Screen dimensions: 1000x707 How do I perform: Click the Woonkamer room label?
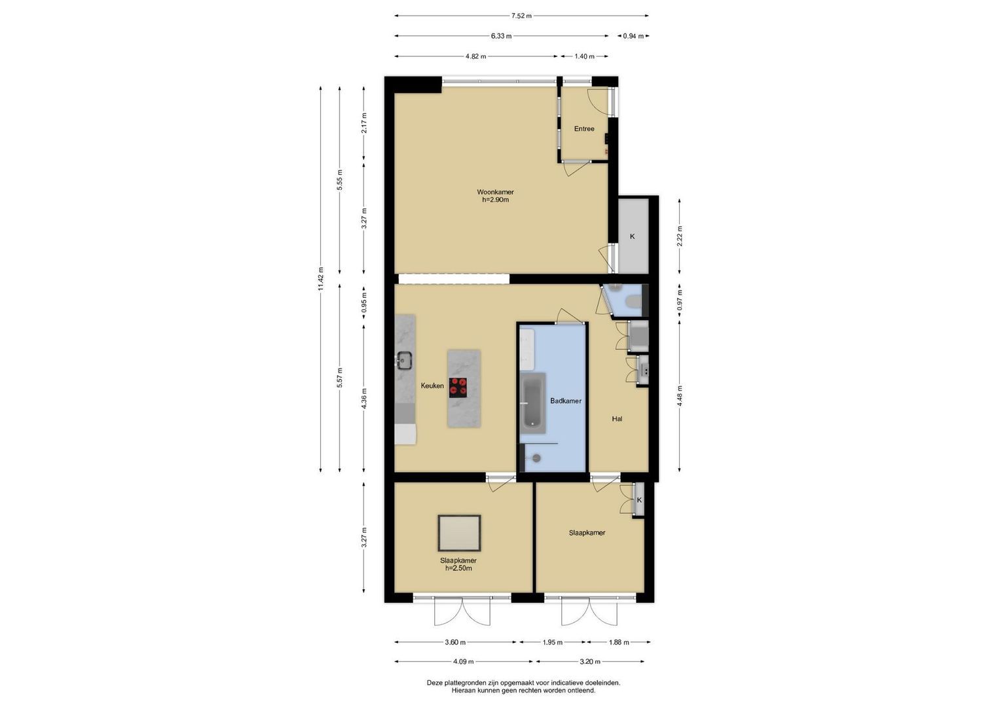click(x=495, y=192)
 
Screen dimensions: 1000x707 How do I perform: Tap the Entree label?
click(x=584, y=129)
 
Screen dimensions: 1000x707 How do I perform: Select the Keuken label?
click(x=432, y=386)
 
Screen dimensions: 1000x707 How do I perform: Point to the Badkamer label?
click(x=566, y=401)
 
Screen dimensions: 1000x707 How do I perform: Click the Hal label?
click(x=617, y=419)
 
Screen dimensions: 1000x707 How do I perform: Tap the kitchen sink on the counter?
click(x=92, y=360)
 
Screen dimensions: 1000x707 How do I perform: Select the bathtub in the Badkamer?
click(x=533, y=403)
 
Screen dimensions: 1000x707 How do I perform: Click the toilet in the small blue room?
click(x=634, y=302)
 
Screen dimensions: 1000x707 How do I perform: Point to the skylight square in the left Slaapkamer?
click(x=459, y=533)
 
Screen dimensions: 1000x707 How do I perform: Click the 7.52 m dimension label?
click(x=521, y=16)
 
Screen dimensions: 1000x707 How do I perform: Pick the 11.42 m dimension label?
click(x=320, y=279)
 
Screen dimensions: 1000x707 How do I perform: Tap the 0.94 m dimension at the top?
click(x=633, y=36)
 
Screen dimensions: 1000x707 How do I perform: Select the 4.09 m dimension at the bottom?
click(x=464, y=661)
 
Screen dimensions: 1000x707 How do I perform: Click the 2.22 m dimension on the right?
click(x=680, y=236)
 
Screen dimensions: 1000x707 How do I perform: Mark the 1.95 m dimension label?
click(x=552, y=642)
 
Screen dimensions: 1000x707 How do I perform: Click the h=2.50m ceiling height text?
click(x=458, y=568)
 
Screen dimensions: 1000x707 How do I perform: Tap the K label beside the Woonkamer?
click(x=632, y=236)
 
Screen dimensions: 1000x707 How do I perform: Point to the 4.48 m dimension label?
click(x=680, y=395)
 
